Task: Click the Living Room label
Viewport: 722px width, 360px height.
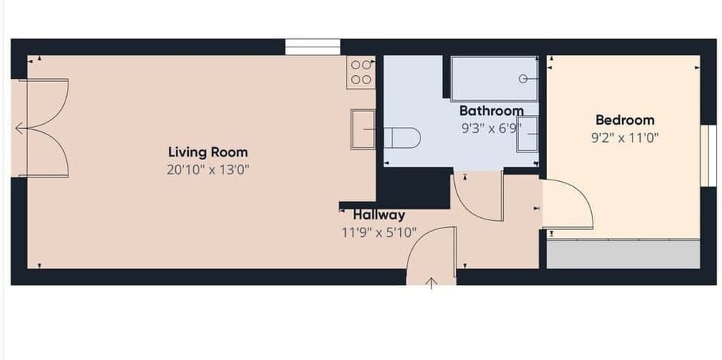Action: [x=208, y=153]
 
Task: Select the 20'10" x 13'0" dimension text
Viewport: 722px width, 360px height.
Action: [x=208, y=170]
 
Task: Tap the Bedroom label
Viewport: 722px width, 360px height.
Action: [x=624, y=119]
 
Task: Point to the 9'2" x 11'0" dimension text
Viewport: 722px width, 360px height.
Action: [x=624, y=138]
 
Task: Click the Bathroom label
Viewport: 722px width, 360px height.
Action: [x=491, y=111]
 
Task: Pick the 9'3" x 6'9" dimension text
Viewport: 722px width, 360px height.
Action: [x=491, y=129]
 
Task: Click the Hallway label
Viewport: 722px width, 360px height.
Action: [x=379, y=215]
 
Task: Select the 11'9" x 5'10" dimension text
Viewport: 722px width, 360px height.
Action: [x=379, y=232]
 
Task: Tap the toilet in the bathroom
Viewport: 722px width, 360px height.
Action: [x=402, y=138]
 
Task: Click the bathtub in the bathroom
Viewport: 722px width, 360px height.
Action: [x=494, y=78]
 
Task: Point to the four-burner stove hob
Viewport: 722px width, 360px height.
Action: [x=361, y=72]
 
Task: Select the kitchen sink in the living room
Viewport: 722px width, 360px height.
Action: [x=363, y=129]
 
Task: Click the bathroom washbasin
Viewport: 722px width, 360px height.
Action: [x=528, y=135]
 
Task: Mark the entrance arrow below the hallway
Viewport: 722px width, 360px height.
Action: [x=432, y=283]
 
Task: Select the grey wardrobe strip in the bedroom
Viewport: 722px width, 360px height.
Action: [x=623, y=255]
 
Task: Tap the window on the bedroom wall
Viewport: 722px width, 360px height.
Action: [x=708, y=155]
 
